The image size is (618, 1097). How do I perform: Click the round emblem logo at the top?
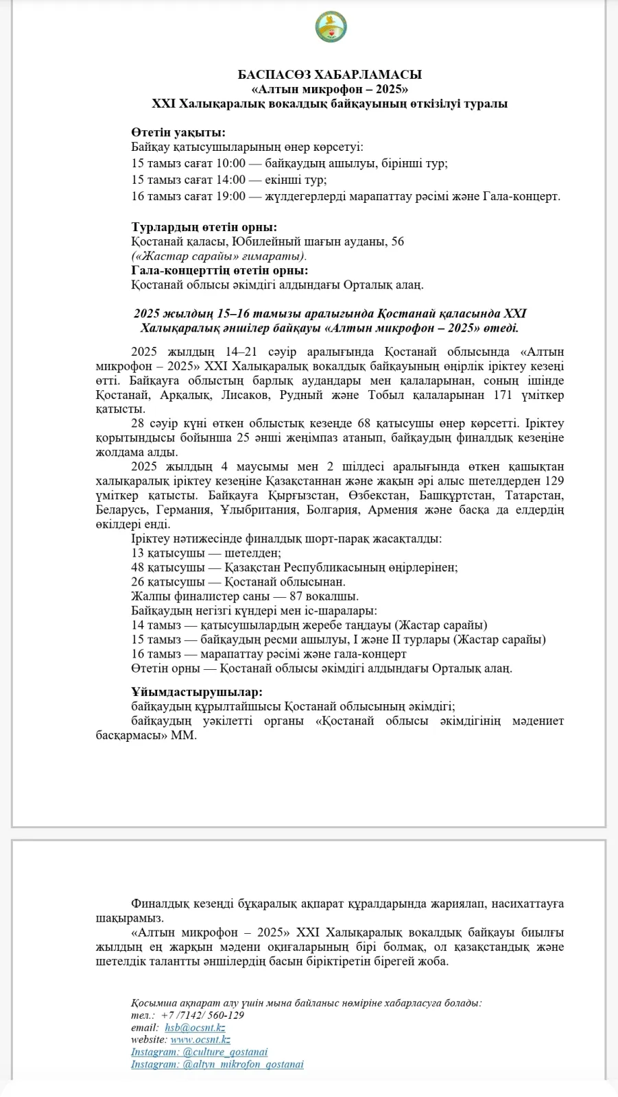click(331, 27)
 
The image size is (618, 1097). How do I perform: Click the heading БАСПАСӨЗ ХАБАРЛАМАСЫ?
click(330, 74)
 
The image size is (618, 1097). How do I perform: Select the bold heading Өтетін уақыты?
click(178, 132)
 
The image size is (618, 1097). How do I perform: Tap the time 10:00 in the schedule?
click(230, 163)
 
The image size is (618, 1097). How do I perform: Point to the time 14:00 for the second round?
click(230, 180)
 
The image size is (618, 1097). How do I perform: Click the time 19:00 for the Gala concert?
click(230, 196)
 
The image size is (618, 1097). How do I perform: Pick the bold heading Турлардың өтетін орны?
click(204, 227)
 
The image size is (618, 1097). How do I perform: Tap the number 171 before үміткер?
click(503, 395)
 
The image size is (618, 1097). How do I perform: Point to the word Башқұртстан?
click(455, 495)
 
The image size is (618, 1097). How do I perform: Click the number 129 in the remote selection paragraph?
click(554, 481)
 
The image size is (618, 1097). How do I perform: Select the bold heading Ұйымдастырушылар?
click(197, 692)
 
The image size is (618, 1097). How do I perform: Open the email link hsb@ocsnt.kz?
click(195, 1027)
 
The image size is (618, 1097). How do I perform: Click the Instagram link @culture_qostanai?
click(200, 1052)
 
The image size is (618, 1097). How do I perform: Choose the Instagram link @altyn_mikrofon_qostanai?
click(217, 1064)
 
